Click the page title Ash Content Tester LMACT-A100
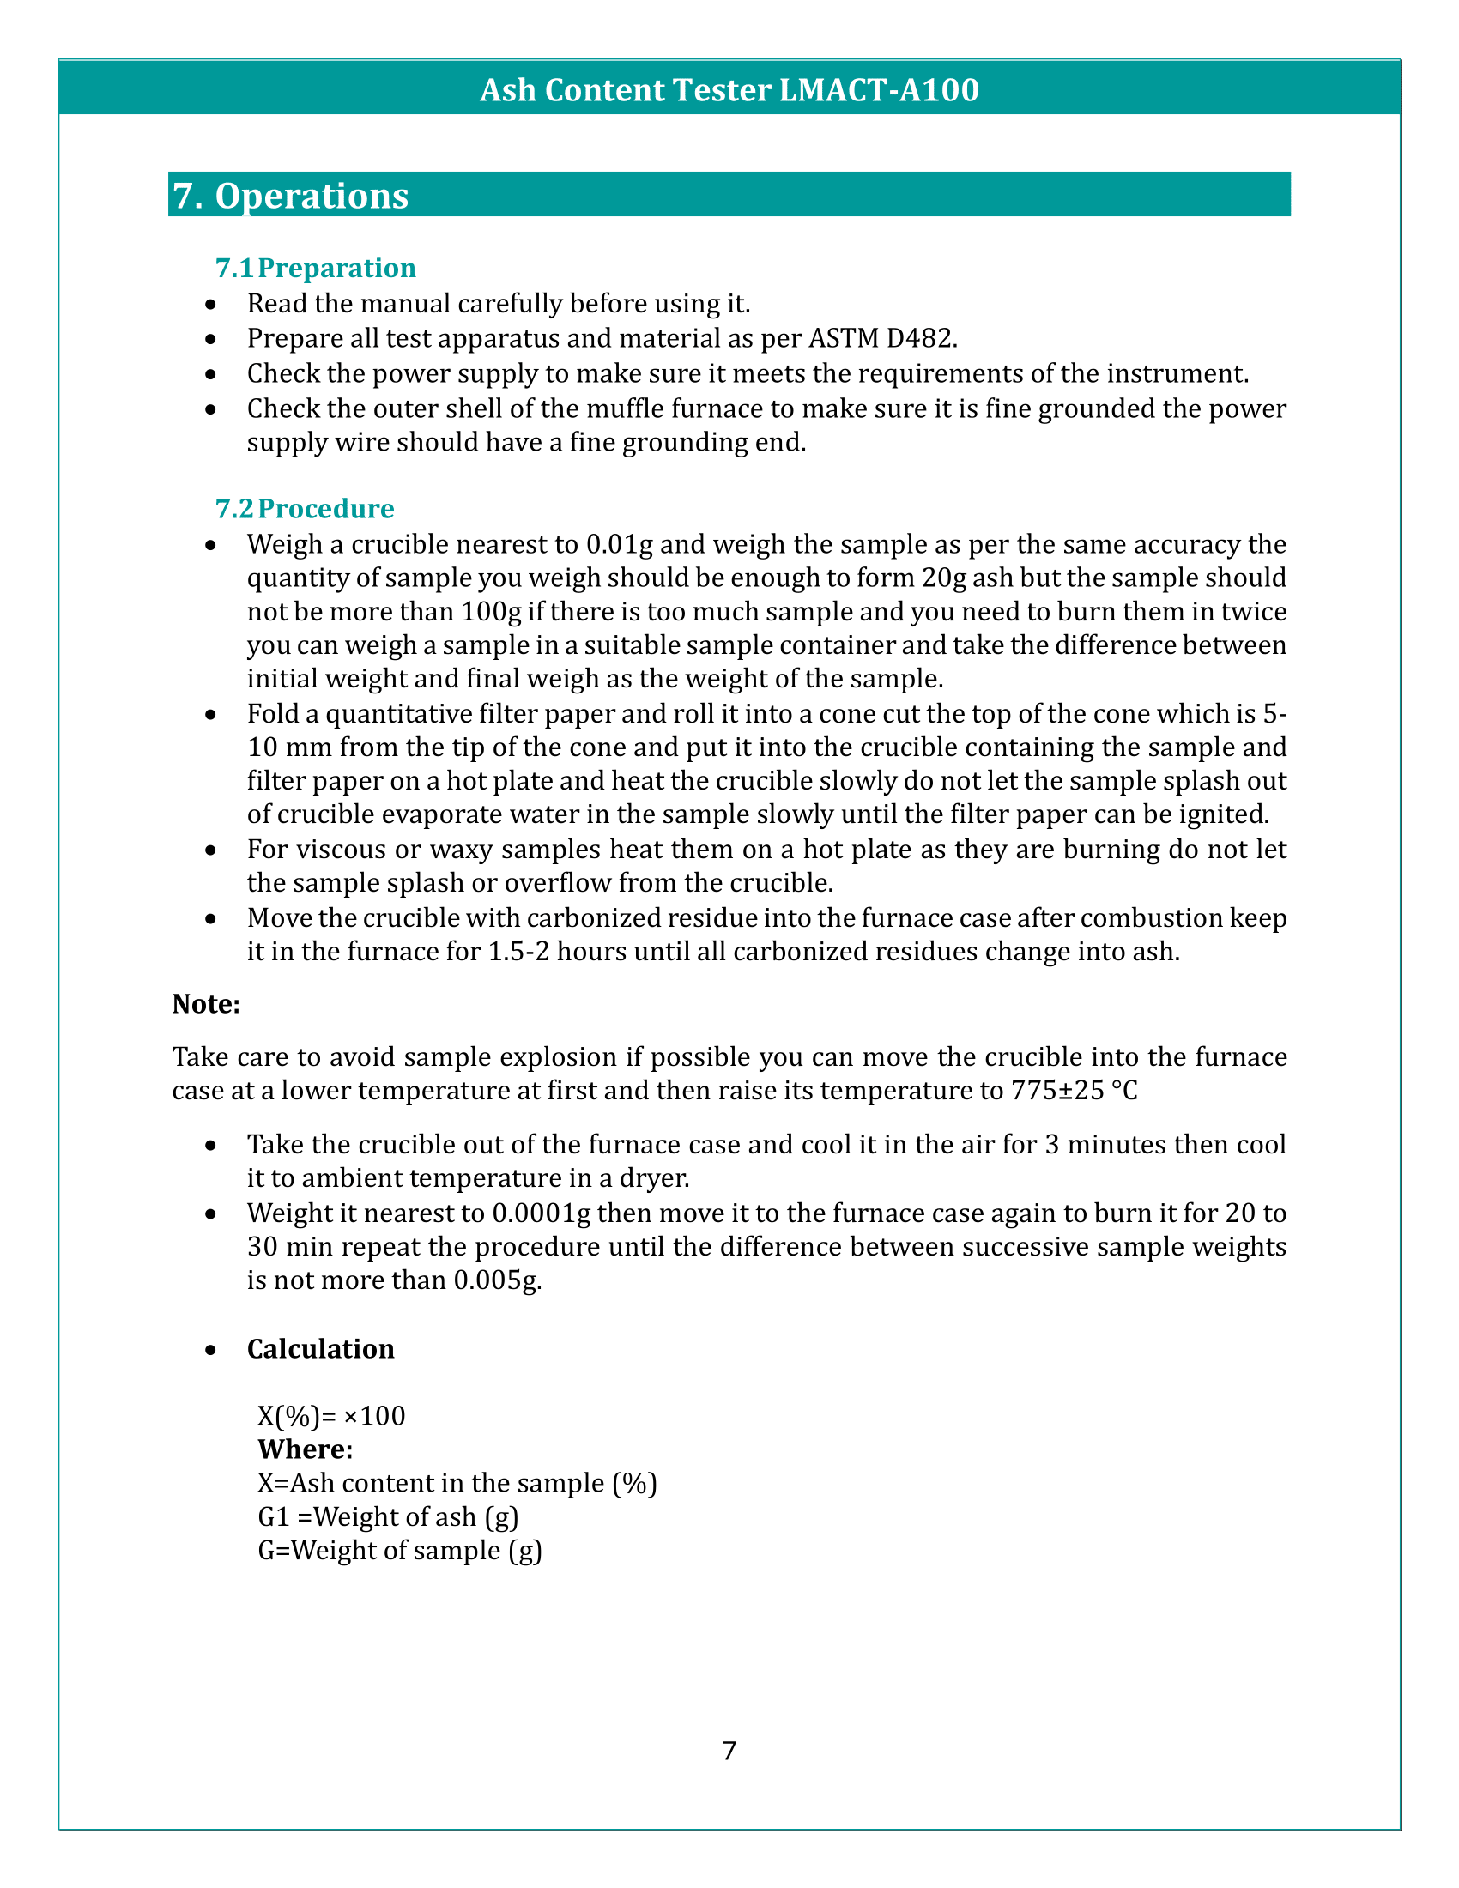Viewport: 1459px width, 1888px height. pos(729,90)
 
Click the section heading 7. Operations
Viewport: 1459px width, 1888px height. pos(290,197)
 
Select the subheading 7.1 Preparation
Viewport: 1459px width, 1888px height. pos(316,268)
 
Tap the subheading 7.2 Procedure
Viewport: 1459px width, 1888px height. pos(305,508)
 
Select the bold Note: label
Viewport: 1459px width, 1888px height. pos(206,1004)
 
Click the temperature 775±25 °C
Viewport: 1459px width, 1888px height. pos(1074,1091)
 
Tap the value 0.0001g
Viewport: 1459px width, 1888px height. pos(541,1213)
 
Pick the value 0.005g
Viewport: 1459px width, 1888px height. pos(497,1281)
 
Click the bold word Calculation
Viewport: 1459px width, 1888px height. pos(321,1349)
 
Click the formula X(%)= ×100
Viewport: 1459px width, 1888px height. pos(331,1416)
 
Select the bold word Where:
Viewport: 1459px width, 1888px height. pos(306,1449)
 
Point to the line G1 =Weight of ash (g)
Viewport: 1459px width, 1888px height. pos(387,1517)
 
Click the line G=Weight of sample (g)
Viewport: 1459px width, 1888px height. pos(399,1551)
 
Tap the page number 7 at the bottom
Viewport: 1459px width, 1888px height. pos(729,1752)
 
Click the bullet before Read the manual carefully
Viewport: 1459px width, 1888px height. pos(211,306)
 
